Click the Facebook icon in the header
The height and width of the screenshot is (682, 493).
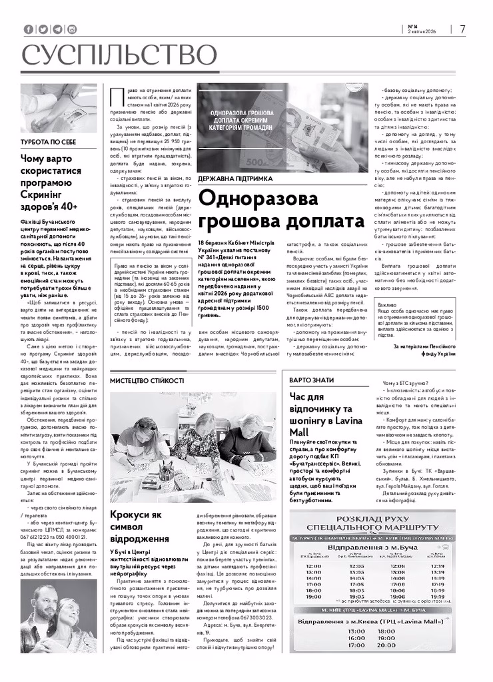[28, 29]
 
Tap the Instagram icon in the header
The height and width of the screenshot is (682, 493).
[72, 29]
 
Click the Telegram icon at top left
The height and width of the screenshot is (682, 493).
[57, 29]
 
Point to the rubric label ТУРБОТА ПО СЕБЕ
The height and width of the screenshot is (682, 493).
[48, 143]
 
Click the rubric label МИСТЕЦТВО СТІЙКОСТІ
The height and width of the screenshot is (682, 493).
[147, 380]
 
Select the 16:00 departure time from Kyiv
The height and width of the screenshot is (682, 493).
[356, 637]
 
